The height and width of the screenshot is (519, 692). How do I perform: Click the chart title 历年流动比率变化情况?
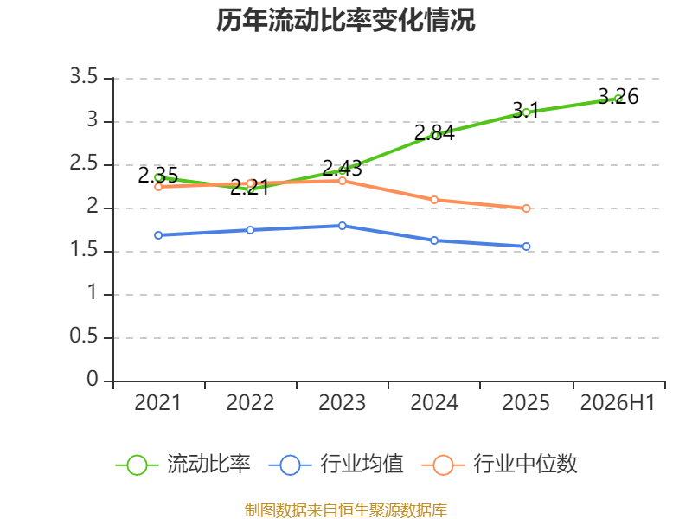pyautogui.click(x=345, y=20)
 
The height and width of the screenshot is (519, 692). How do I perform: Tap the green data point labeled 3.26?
pyautogui.click(x=618, y=99)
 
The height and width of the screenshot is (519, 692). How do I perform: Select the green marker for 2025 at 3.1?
pyautogui.click(x=526, y=112)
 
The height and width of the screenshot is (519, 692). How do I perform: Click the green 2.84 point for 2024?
pyautogui.click(x=434, y=135)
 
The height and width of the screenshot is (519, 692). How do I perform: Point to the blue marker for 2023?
pyautogui.click(x=342, y=226)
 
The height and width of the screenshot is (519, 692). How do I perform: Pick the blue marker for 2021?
pyautogui.click(x=158, y=235)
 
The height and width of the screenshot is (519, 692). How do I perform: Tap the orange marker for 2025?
pyautogui.click(x=526, y=208)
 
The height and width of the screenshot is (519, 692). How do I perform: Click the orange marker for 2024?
pyautogui.click(x=434, y=200)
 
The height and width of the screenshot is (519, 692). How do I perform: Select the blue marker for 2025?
pyautogui.click(x=526, y=247)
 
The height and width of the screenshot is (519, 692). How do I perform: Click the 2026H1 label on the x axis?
pyautogui.click(x=618, y=402)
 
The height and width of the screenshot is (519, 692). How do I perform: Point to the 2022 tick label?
pyautogui.click(x=250, y=402)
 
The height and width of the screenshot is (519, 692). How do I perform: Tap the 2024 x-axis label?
pyautogui.click(x=434, y=402)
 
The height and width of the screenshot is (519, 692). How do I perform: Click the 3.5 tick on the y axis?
pyautogui.click(x=84, y=76)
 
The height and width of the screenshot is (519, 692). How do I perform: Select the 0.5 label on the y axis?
pyautogui.click(x=84, y=336)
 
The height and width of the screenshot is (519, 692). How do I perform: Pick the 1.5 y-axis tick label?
pyautogui.click(x=84, y=249)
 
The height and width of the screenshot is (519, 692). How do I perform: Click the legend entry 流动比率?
pyautogui.click(x=183, y=465)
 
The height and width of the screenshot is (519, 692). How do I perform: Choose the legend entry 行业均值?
pyautogui.click(x=336, y=465)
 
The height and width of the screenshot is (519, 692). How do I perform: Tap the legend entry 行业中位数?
pyautogui.click(x=499, y=465)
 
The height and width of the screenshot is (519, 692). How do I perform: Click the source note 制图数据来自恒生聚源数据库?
pyautogui.click(x=346, y=509)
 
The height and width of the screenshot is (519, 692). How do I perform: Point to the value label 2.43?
pyautogui.click(x=342, y=168)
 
